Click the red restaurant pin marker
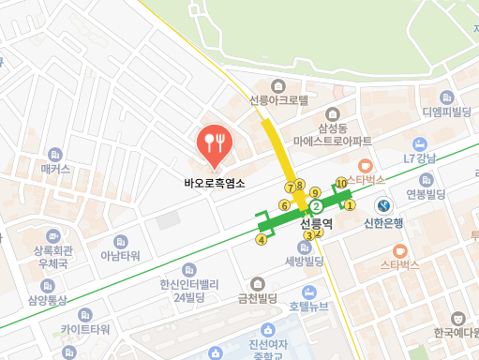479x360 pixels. tap(215, 143)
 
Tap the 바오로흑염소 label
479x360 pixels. tap(215, 184)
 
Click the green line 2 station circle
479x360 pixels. tap(316, 206)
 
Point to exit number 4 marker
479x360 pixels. tap(262, 240)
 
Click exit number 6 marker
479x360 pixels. tap(283, 204)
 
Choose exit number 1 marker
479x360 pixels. tap(350, 204)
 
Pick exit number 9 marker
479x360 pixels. tap(315, 192)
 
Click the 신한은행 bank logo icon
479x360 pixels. tap(383, 205)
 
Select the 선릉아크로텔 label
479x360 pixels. tap(278, 99)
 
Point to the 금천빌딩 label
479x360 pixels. tap(258, 299)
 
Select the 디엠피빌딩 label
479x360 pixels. tap(444, 112)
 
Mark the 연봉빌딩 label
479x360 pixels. tap(424, 194)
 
